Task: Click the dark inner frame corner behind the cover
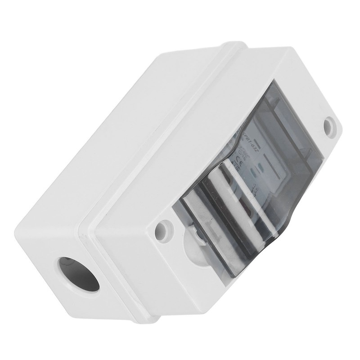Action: [270, 97]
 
